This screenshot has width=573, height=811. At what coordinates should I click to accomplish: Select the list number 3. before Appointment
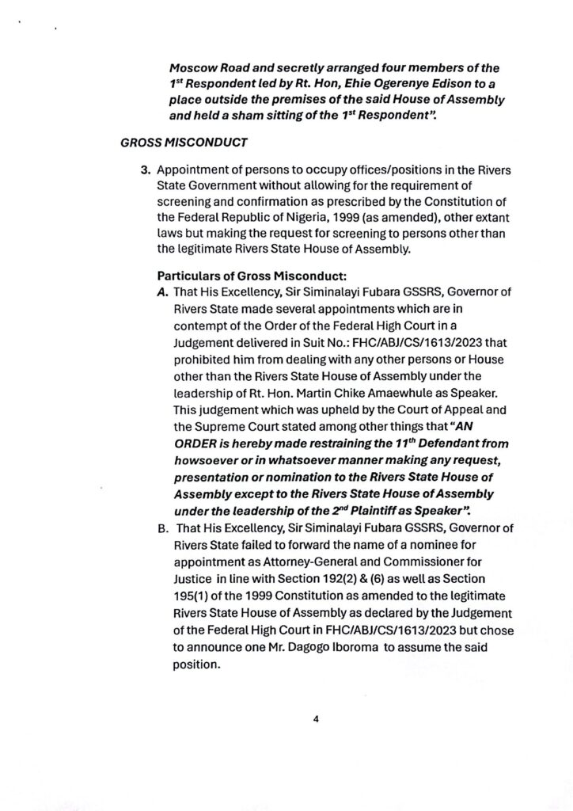tap(146, 170)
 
